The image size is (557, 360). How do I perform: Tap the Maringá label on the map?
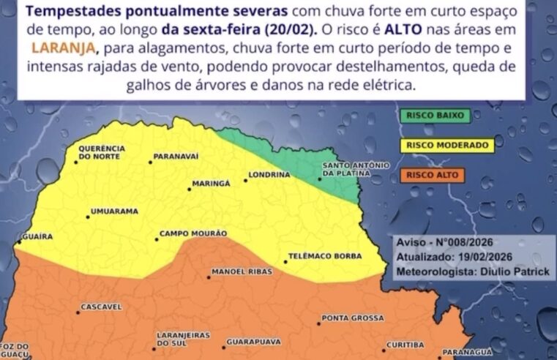[211, 183]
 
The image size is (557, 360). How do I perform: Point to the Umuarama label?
[113, 211]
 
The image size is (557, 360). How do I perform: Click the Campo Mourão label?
[193, 233]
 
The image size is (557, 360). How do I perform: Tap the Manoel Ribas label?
[242, 271]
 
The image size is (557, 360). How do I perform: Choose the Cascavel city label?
[101, 307]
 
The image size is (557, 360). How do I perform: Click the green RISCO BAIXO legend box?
[435, 115]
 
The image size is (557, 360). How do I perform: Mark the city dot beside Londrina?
[244, 180]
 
